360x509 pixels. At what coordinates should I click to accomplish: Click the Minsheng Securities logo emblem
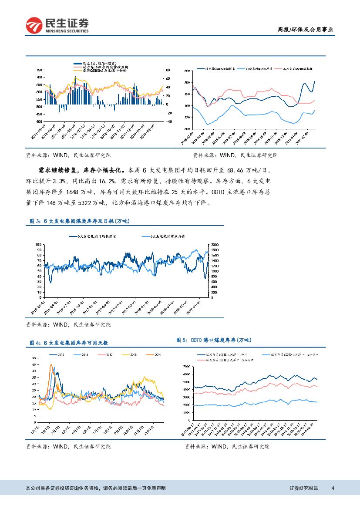(34, 25)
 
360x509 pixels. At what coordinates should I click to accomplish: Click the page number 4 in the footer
(333, 489)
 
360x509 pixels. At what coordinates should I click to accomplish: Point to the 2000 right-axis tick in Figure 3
(214, 245)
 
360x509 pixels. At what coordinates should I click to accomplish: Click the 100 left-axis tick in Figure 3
(38, 245)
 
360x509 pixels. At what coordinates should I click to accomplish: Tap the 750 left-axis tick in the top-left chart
(39, 70)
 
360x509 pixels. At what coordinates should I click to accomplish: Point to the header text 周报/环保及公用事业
(306, 30)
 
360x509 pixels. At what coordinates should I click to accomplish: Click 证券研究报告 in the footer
(304, 489)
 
